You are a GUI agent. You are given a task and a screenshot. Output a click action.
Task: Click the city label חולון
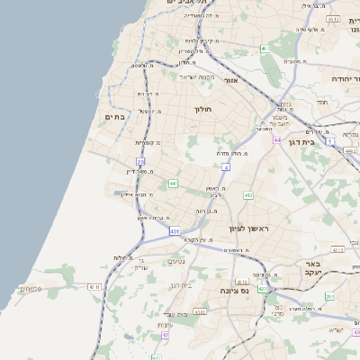[202, 109]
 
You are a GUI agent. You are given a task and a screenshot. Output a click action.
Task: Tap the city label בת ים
[114, 117]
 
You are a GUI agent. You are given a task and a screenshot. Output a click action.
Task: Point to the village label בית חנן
[181, 284]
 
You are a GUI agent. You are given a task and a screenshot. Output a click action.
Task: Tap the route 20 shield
[140, 160]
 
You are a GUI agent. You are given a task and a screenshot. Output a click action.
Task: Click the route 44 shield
[277, 140]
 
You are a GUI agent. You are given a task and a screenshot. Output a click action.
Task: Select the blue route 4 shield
[225, 166]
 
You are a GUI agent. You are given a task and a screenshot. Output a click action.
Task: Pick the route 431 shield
[174, 231]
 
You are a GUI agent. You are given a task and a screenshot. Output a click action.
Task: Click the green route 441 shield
[172, 184]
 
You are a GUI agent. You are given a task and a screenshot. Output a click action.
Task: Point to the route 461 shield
[265, 48]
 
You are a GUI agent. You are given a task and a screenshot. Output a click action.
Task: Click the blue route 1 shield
[330, 141]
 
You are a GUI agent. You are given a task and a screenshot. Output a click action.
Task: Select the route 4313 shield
[200, 311]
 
